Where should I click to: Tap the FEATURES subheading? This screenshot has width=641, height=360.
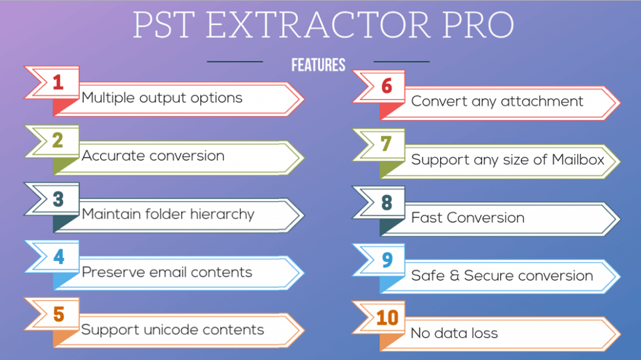318,65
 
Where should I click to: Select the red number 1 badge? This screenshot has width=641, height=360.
58,82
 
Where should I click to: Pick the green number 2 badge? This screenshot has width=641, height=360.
58,140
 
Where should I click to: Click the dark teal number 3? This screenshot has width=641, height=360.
58,199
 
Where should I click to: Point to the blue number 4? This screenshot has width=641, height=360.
59,257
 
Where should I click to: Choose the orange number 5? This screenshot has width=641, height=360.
59,314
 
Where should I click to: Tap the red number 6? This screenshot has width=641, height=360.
387,86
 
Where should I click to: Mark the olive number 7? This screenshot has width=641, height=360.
386,143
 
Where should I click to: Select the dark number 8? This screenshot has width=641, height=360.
387,202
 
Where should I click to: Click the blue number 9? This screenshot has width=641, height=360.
387,260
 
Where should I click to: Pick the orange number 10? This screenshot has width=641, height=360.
387,318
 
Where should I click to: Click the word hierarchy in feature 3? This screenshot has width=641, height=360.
222,214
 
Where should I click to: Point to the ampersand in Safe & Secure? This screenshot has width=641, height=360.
454,275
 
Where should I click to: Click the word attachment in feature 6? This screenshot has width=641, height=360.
542,101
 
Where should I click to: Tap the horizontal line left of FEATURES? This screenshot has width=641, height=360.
235,61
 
